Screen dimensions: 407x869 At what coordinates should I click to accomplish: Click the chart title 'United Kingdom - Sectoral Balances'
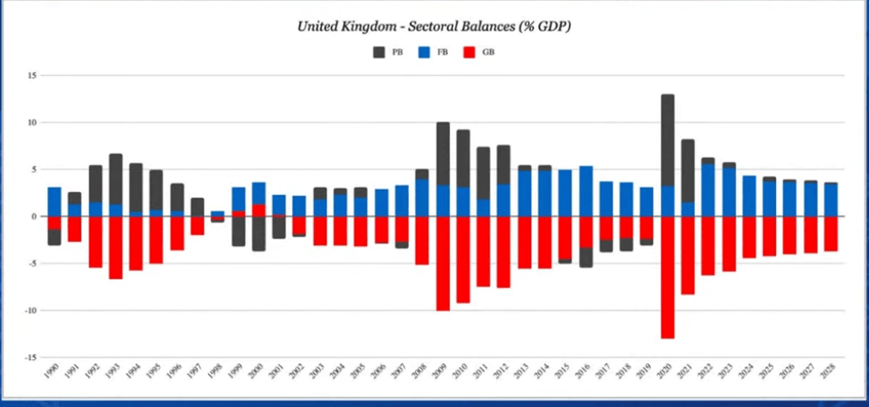(434, 26)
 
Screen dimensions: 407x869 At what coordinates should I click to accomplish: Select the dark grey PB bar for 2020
(668, 140)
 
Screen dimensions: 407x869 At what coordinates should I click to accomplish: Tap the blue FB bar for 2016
(586, 191)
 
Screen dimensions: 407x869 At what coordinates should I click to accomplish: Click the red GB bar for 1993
(116, 248)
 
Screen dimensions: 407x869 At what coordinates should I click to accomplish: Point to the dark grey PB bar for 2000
(259, 233)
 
